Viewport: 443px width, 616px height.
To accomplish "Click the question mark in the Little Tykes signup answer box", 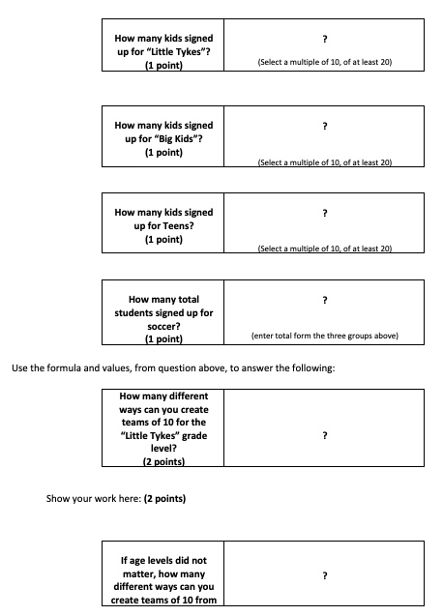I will tap(324, 39).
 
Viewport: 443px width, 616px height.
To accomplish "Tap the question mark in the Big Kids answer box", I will tap(324, 126).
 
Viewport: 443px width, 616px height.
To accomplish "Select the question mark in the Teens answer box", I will tap(324, 212).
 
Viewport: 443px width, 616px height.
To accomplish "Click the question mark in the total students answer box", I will tap(324, 300).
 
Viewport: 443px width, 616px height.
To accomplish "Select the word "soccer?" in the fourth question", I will tap(163, 327).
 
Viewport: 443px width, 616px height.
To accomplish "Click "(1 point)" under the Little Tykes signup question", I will tap(163, 65).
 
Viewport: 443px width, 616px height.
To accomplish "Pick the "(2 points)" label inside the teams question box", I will tap(162, 462).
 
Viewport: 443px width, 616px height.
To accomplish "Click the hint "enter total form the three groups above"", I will tap(324, 337).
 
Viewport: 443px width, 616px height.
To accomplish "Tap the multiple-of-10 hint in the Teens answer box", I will tap(324, 249).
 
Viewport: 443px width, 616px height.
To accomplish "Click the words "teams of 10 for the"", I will tap(163, 423).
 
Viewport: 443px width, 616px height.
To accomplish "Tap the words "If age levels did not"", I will tap(163, 560).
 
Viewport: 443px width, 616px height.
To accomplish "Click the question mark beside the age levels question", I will tap(324, 575).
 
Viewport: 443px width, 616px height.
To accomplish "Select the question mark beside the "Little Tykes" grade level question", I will tap(324, 436).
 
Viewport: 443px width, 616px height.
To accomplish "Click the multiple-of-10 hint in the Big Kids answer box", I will tap(324, 162).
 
